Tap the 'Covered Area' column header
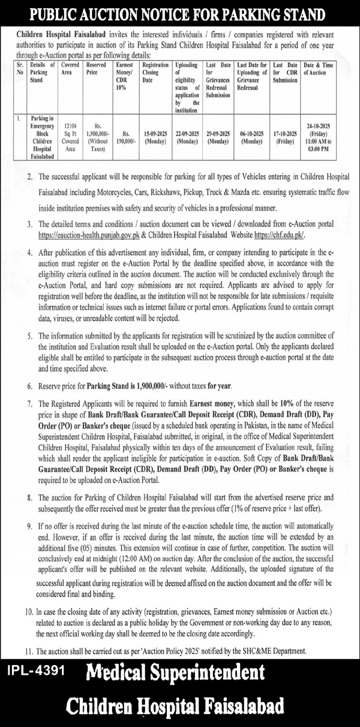tap(71, 68)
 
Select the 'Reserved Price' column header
tap(98, 68)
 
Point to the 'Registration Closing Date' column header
tap(155, 72)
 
